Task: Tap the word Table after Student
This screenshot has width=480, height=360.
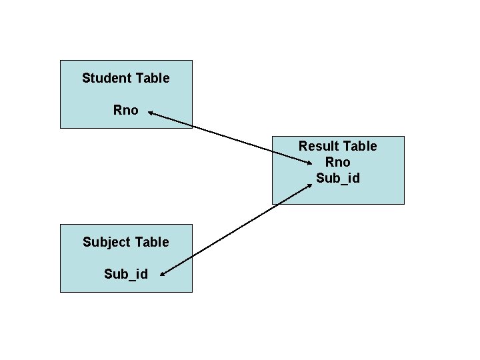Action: pos(153,78)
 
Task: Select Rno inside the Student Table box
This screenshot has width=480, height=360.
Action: pos(126,110)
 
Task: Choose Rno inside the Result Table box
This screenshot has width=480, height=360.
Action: pos(337,162)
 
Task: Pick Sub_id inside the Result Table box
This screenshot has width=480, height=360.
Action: pos(337,178)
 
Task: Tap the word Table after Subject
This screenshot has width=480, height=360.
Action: pos(153,242)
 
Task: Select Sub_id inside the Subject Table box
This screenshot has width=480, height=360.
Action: pos(126,273)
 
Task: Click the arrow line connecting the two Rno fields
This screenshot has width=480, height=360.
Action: pos(230,138)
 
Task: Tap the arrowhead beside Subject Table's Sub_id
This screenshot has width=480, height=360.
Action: pos(163,272)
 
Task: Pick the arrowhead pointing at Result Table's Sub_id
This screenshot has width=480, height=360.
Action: pos(309,186)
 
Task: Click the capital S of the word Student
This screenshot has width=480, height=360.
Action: pos(86,78)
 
